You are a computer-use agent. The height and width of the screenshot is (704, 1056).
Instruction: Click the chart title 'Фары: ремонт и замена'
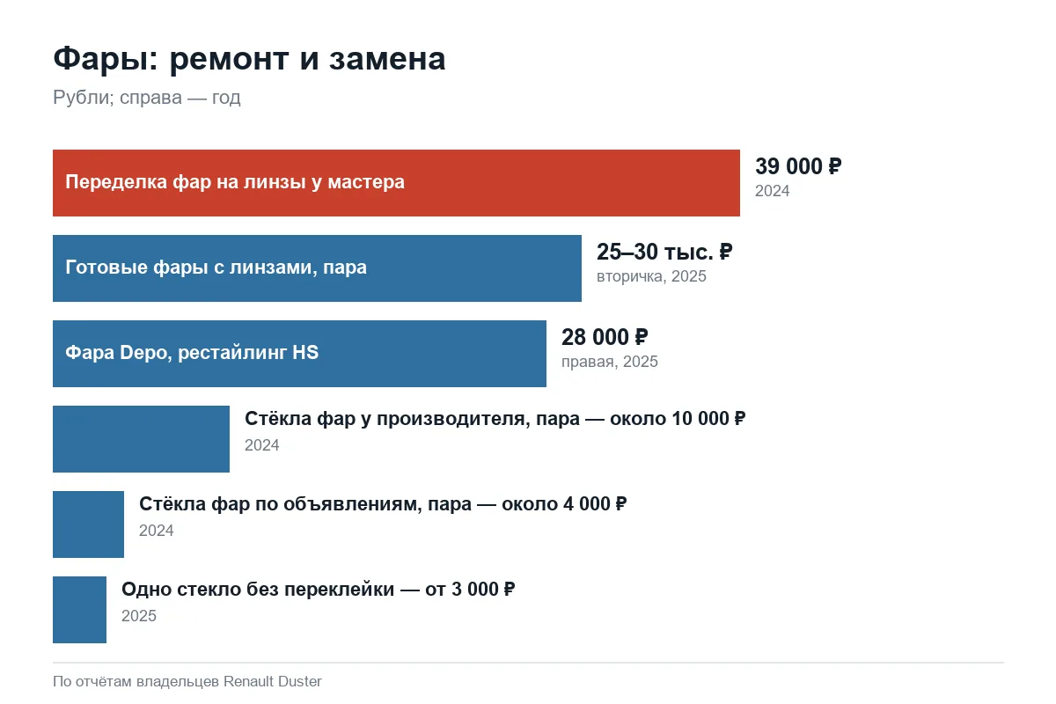click(249, 59)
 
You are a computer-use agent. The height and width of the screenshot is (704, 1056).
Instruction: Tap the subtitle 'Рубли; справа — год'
click(147, 98)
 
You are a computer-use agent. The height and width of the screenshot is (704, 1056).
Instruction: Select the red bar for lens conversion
click(397, 183)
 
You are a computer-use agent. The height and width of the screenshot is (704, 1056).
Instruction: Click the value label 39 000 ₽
click(798, 166)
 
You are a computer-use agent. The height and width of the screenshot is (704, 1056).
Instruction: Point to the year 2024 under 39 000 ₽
click(773, 191)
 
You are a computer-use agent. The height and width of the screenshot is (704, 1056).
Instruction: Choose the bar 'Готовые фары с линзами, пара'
click(318, 268)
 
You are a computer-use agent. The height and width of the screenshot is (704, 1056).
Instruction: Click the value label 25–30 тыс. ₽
click(664, 252)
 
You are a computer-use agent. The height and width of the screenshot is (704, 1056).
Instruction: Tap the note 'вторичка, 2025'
click(651, 276)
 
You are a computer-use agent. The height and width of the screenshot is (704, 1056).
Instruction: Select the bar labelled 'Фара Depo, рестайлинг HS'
click(299, 354)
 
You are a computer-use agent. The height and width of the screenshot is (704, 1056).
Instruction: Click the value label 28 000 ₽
click(605, 337)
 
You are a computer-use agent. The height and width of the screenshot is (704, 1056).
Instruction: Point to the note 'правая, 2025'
click(610, 362)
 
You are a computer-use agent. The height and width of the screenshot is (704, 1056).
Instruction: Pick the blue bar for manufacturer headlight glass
click(141, 439)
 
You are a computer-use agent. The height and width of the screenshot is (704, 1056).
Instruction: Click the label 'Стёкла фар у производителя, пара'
click(412, 419)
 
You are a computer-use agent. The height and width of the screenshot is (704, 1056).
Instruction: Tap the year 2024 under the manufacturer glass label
click(261, 445)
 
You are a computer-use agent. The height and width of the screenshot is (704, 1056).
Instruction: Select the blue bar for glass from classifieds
click(88, 524)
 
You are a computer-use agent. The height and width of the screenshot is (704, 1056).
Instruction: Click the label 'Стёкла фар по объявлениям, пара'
click(305, 504)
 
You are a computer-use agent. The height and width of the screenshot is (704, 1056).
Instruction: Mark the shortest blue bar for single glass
click(80, 610)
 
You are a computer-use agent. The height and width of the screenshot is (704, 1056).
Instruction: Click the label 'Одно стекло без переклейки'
click(258, 590)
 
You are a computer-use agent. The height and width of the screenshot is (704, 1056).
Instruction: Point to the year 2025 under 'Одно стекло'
click(139, 616)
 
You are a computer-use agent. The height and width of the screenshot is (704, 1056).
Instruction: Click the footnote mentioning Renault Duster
click(187, 681)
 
